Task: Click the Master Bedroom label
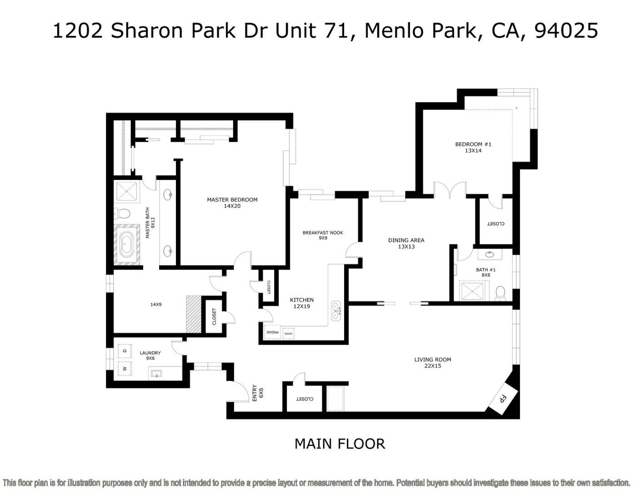point(232,203)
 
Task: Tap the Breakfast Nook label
point(323,235)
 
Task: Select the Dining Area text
point(406,243)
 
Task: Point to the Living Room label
point(432,362)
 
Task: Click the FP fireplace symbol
point(503,399)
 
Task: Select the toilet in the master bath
point(122,213)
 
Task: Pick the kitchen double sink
point(336,310)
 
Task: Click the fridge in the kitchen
point(272,332)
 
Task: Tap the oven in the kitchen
point(288,333)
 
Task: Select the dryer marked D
point(125,351)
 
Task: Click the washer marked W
point(125,368)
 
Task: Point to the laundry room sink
point(156,374)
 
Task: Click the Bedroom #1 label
point(473,147)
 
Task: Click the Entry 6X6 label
point(257,393)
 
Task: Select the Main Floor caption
point(340,444)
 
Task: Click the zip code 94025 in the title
point(566,30)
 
